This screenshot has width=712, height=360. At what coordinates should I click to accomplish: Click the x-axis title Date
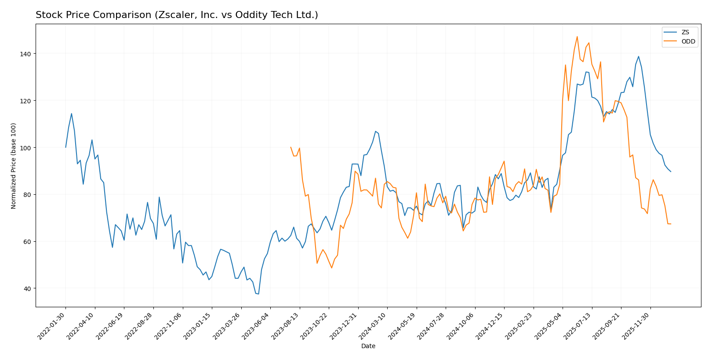point(368,346)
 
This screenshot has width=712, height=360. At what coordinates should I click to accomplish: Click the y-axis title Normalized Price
point(14,166)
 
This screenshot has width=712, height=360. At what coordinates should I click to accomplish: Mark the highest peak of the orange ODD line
point(577,36)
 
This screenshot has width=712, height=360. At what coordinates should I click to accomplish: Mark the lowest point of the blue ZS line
point(258,294)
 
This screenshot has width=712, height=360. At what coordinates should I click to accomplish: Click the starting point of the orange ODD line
point(291,147)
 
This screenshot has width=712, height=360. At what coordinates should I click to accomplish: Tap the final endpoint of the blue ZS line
point(671,171)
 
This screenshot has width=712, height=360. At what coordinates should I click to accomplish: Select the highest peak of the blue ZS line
point(639,56)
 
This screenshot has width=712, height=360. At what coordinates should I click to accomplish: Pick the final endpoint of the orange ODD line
point(671,224)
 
